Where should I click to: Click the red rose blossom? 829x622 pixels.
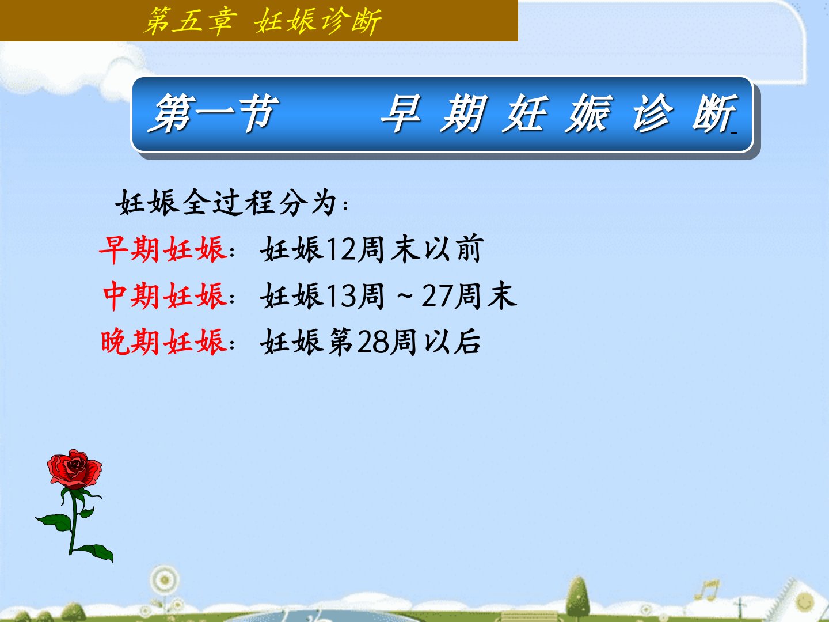pyautogui.click(x=75, y=468)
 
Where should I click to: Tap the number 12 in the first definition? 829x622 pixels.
pyautogui.click(x=341, y=249)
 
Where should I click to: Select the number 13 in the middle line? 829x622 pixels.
pyautogui.click(x=341, y=295)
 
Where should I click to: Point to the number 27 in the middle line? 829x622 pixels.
pyautogui.click(x=438, y=295)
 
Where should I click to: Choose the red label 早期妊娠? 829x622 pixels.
pyautogui.click(x=162, y=249)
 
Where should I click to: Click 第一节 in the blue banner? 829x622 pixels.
pyautogui.click(x=213, y=113)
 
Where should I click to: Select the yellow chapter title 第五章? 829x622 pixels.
pyautogui.click(x=191, y=21)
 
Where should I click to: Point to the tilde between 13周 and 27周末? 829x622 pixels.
pyautogui.click(x=405, y=297)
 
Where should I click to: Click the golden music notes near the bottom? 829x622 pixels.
pyautogui.click(x=707, y=590)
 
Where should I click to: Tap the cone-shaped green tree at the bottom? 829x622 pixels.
pyautogui.click(x=577, y=596)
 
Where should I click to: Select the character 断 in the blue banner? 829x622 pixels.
pyautogui.click(x=714, y=113)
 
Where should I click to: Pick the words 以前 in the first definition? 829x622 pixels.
pyautogui.click(x=453, y=249)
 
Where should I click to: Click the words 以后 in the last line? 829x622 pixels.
pyautogui.click(x=452, y=342)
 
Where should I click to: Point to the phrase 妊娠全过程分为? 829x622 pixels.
pyautogui.click(x=226, y=203)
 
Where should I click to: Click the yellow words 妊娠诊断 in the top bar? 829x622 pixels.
pyautogui.click(x=318, y=21)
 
